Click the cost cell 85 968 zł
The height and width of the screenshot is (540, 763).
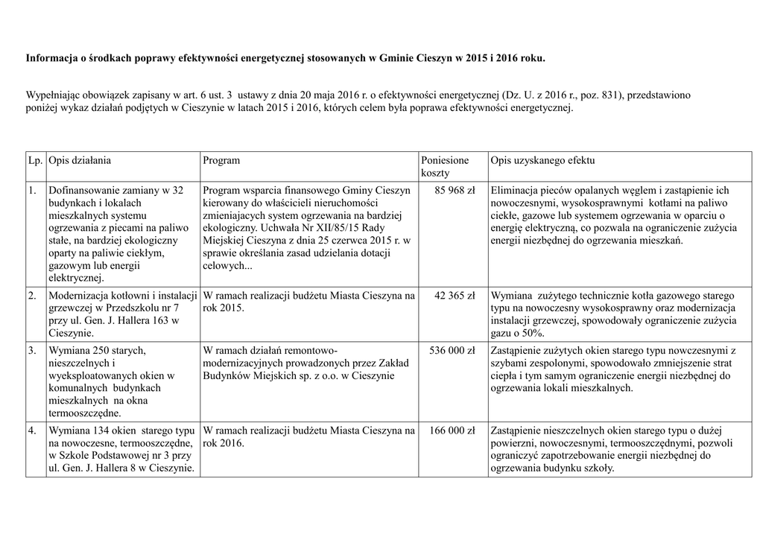point(455,191)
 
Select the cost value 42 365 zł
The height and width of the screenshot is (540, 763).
point(455,296)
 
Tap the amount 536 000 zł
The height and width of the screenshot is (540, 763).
point(452,350)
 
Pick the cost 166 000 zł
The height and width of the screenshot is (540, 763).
point(452,431)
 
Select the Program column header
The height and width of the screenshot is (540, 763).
point(221,160)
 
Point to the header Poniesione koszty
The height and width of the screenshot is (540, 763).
point(445,167)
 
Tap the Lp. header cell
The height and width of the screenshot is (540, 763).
point(35,160)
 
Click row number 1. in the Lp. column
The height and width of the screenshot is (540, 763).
point(33,191)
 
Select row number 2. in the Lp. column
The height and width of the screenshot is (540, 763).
point(33,296)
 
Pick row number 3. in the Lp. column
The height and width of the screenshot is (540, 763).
point(33,350)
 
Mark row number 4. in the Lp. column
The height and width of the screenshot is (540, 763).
point(33,431)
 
